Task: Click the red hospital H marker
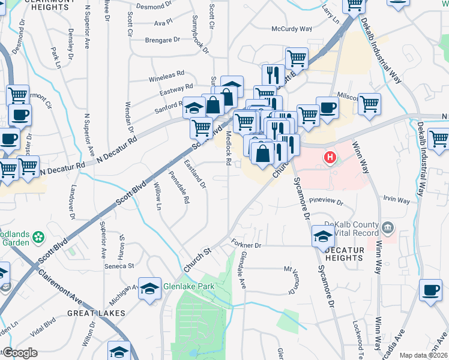pyautogui.click(x=329, y=158)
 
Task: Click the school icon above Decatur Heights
pyautogui.click(x=322, y=236)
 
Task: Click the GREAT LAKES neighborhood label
pyautogui.click(x=96, y=313)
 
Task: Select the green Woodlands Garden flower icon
pyautogui.click(x=39, y=238)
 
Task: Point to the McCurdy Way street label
pyautogui.click(x=292, y=29)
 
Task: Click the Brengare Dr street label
pyautogui.click(x=162, y=40)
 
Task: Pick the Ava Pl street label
pyautogui.click(x=163, y=23)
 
